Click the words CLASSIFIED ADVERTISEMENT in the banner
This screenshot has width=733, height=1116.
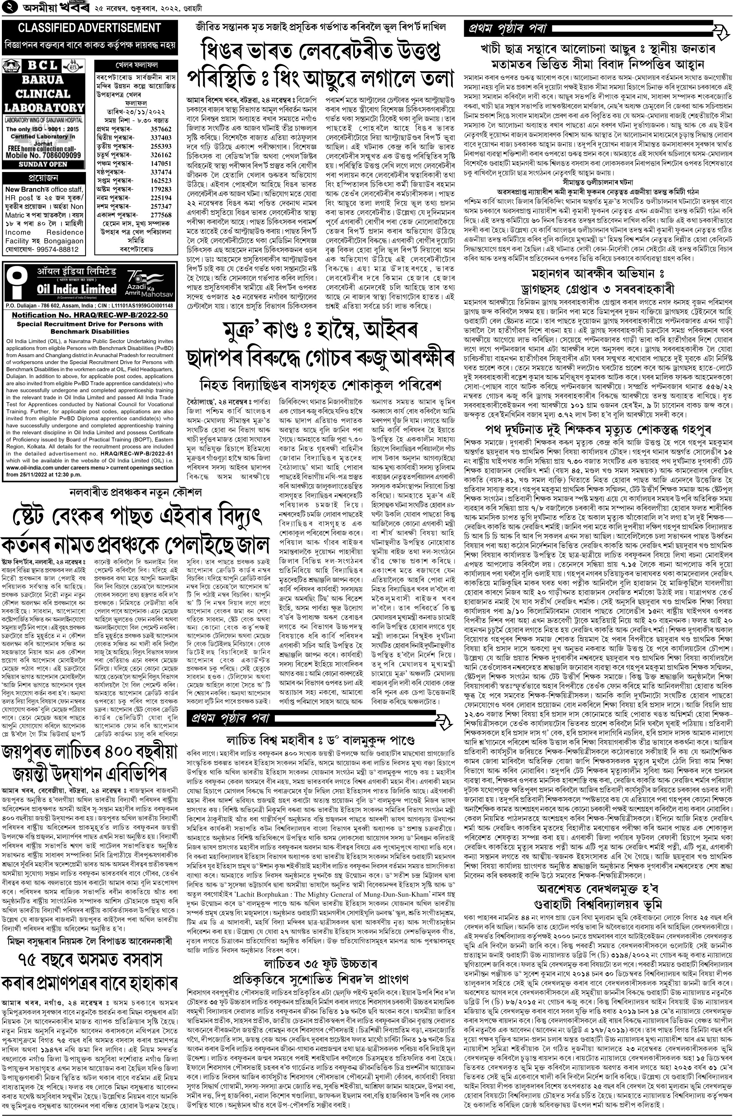click(89, 28)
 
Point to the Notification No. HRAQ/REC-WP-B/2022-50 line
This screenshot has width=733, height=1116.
click(90, 315)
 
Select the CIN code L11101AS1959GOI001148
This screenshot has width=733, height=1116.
click(138, 306)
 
